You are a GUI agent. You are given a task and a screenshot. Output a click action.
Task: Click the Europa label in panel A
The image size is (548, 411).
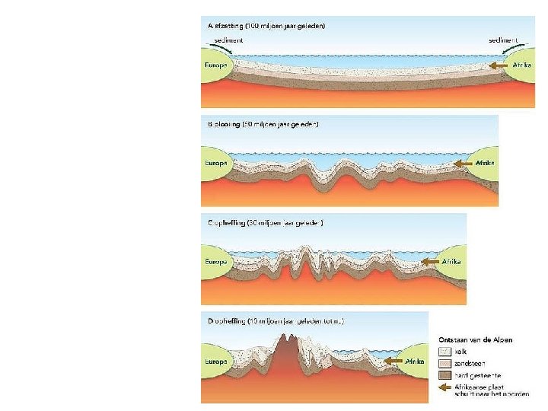point(214,66)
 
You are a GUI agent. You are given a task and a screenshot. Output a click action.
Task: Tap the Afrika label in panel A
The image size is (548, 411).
point(522,66)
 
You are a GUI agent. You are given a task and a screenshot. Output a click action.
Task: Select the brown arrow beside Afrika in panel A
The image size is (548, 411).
point(499,66)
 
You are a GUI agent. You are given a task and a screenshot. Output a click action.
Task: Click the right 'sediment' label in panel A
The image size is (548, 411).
point(503,39)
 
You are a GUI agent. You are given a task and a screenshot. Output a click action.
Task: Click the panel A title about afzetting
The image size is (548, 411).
point(266,26)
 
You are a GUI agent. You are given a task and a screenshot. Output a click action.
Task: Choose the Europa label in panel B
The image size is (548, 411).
point(215,163)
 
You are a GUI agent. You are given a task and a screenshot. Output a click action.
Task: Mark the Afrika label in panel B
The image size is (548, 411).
point(485,163)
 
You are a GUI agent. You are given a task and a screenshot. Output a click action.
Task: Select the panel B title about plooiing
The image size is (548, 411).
point(263,124)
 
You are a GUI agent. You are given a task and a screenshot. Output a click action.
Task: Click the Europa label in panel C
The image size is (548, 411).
point(215,261)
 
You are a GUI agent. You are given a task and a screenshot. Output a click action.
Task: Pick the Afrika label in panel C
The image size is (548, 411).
point(453,261)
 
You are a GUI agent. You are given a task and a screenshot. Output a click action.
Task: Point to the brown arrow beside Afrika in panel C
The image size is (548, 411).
point(429,261)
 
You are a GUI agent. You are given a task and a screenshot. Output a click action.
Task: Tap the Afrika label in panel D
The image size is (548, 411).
point(414,361)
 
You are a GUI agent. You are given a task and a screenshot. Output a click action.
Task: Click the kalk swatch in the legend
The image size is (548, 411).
point(445,352)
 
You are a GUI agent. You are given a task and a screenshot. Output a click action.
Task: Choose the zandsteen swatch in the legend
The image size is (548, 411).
point(445,363)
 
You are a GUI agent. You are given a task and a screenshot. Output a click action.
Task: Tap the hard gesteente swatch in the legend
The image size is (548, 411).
point(445,375)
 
